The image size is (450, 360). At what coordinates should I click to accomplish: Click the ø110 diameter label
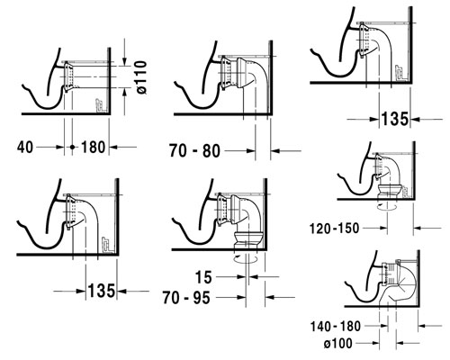click(142, 77)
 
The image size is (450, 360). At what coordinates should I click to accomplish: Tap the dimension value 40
click(25, 148)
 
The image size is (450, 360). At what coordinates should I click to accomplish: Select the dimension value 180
click(93, 148)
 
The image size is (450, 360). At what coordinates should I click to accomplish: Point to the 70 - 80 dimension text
click(194, 150)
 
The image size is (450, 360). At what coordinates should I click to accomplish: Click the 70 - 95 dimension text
click(186, 298)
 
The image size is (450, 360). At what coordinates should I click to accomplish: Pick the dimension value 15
click(203, 277)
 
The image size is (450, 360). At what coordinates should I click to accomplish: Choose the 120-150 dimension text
click(334, 229)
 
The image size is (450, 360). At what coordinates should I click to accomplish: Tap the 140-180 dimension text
click(335, 326)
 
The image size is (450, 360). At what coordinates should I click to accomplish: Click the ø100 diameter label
click(338, 344)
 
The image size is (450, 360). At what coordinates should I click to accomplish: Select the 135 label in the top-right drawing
click(395, 119)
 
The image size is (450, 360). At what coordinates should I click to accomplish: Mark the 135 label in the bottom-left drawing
click(102, 291)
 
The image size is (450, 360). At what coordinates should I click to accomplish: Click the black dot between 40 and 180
click(72, 147)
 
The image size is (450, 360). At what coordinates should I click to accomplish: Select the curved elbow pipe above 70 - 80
click(251, 75)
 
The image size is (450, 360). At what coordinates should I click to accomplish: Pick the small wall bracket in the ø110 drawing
click(99, 105)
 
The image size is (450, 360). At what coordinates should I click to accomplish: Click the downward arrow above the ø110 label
click(124, 52)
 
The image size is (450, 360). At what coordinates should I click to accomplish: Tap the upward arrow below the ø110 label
click(124, 102)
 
